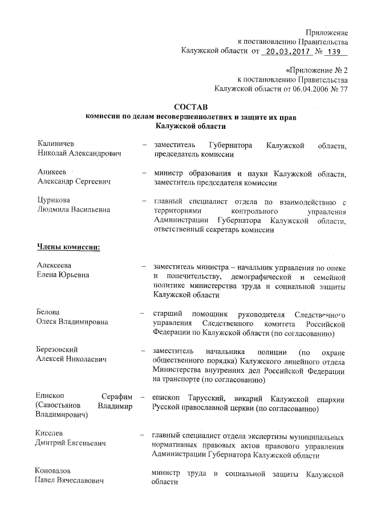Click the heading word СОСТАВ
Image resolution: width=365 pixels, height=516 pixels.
[190, 107]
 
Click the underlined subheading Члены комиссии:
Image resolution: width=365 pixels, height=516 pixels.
[68, 247]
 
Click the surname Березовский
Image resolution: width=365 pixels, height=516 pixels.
[57, 350]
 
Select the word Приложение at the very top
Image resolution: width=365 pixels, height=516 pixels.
[326, 32]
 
